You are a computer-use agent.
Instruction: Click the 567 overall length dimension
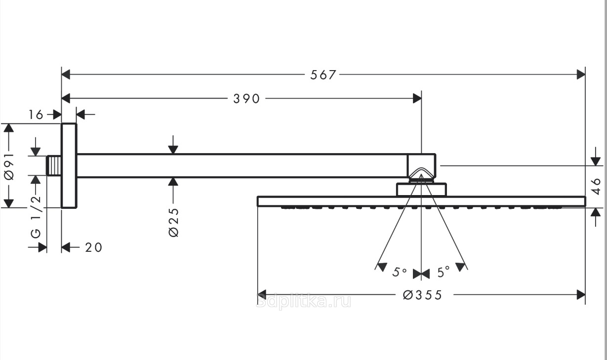(323, 75)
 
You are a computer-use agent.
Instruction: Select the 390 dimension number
(246, 99)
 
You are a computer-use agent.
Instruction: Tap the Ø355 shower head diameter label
(422, 295)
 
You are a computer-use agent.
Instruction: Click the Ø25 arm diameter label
(173, 222)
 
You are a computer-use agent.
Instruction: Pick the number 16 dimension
(37, 115)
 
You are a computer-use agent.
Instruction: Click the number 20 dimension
(93, 247)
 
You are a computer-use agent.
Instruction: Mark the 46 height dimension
(596, 187)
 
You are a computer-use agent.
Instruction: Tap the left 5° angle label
(400, 272)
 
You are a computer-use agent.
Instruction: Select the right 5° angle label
(444, 272)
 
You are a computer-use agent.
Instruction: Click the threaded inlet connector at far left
(54, 165)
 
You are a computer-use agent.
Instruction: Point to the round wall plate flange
(69, 166)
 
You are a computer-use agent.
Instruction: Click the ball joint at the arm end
(421, 167)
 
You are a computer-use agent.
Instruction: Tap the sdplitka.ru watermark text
(304, 300)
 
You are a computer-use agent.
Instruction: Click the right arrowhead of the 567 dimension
(581, 75)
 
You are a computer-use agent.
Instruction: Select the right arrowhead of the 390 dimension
(417, 98)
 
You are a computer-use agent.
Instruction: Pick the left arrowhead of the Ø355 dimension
(262, 295)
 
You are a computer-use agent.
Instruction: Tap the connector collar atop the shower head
(421, 190)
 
